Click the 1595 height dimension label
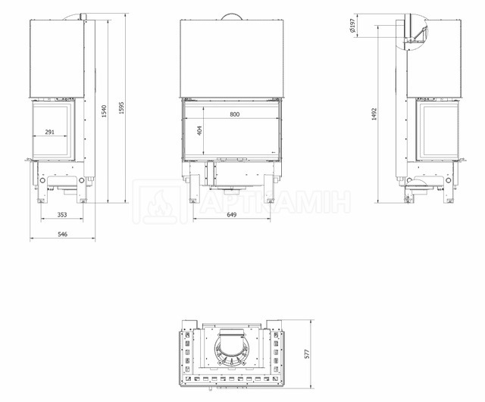click(121, 108)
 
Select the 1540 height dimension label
click(104, 111)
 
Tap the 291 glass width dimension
click(49, 132)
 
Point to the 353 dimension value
click(62, 214)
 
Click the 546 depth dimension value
click(62, 234)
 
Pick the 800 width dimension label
click(235, 114)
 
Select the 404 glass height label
click(199, 131)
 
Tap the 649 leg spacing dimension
click(232, 214)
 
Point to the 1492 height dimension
click(374, 114)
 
